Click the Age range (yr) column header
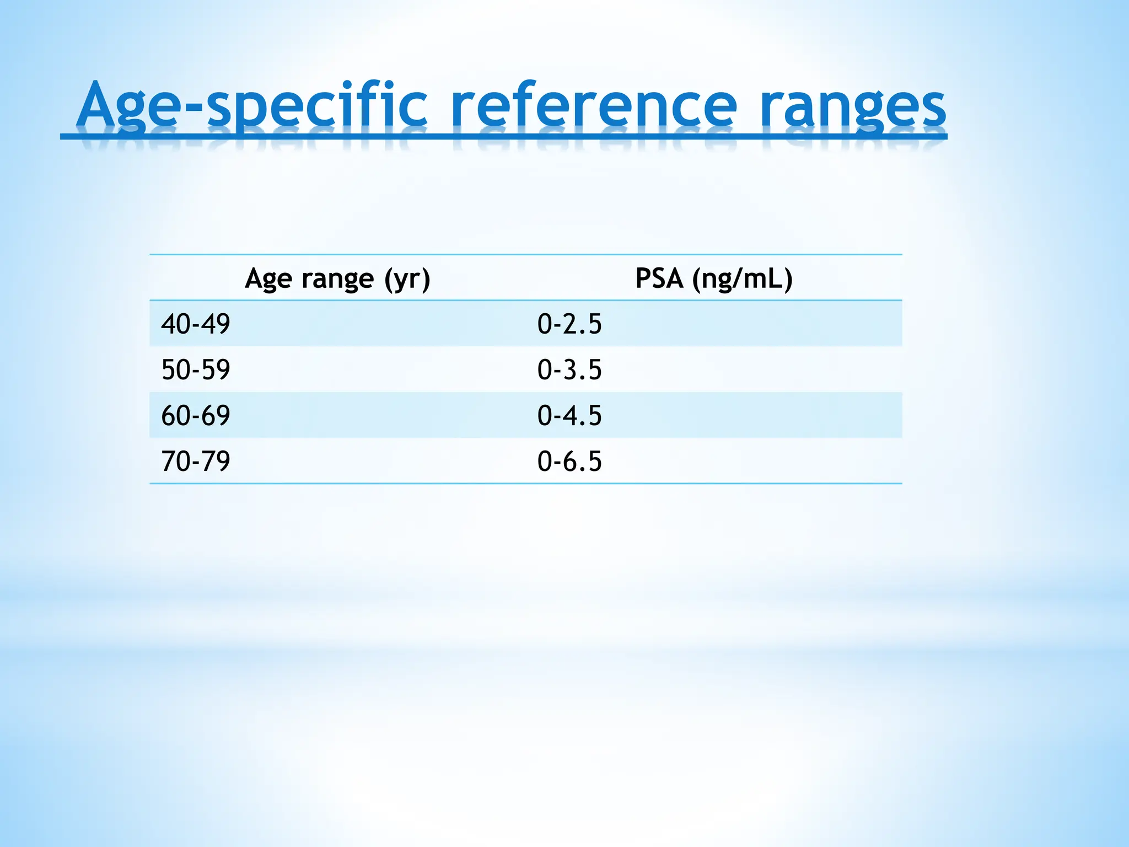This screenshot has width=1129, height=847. [337, 278]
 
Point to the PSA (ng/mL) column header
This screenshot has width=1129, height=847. [714, 278]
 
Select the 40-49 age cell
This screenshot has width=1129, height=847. [196, 324]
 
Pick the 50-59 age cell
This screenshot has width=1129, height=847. [196, 369]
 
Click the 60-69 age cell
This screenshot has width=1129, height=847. [196, 415]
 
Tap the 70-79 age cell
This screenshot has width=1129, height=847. [196, 461]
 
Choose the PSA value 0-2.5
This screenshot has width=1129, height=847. [569, 324]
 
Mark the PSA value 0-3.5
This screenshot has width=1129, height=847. [569, 369]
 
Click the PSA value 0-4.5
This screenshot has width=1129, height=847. [569, 415]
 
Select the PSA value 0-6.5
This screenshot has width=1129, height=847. [569, 461]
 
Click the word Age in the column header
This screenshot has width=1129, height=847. [268, 279]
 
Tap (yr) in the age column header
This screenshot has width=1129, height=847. [407, 279]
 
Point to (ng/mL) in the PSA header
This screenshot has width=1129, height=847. [743, 279]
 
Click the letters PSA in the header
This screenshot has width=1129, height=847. [659, 278]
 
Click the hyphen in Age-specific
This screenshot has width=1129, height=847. [192, 108]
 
